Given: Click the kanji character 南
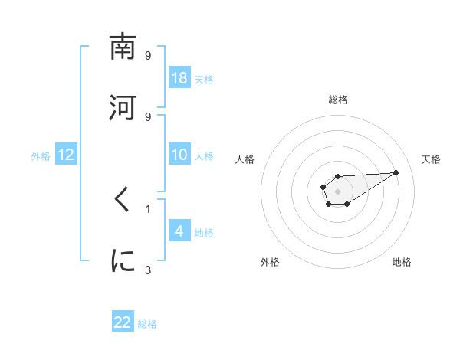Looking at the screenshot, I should (123, 47).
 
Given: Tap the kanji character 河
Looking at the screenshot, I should (123, 107).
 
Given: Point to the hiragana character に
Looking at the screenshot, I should (123, 261).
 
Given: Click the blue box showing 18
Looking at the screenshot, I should (179, 78).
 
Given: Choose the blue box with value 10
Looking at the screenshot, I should (179, 155).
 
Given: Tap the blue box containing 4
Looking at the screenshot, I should (179, 231).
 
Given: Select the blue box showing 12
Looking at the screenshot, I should (66, 155).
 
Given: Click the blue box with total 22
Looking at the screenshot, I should (123, 322).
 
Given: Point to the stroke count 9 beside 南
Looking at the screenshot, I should (148, 56).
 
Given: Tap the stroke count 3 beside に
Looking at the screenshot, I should (148, 270).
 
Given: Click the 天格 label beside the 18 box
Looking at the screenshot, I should (204, 79).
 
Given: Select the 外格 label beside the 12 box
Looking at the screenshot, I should (41, 155).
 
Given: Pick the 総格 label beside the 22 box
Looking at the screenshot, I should (147, 323).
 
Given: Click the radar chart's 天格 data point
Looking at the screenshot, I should (396, 172).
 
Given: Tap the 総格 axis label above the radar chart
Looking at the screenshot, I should (338, 100).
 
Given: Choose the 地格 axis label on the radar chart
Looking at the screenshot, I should (402, 263).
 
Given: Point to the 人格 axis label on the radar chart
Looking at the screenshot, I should (245, 159).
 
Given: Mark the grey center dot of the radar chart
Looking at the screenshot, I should (337, 190).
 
